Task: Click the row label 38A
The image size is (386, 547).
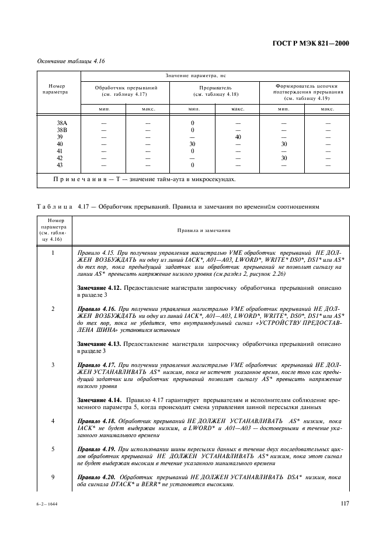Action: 60,123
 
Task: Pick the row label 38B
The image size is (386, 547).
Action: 60,130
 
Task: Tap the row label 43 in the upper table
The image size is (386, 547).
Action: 60,165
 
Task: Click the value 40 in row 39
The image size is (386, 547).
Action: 238,137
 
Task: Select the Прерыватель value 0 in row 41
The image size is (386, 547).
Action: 192,151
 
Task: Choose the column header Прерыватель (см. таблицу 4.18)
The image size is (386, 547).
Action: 215,91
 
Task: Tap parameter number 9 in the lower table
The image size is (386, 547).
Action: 53,477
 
